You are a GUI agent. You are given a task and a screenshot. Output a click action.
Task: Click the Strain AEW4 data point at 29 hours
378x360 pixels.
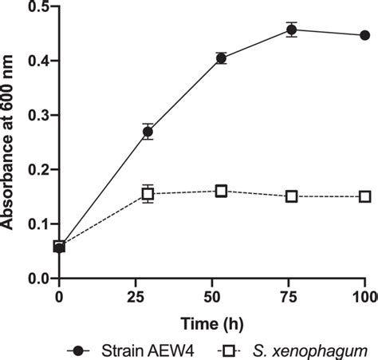tap(148, 132)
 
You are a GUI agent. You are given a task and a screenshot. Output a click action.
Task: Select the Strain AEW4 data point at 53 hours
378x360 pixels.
tap(221, 57)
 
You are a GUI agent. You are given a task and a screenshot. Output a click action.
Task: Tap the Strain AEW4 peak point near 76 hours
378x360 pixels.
tap(292, 30)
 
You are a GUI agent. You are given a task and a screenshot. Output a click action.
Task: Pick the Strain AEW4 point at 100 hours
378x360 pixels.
tap(364, 35)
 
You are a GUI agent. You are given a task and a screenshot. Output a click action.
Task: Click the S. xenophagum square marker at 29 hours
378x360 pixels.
tap(148, 193)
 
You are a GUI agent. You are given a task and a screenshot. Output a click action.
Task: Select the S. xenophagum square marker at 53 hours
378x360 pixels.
tap(221, 191)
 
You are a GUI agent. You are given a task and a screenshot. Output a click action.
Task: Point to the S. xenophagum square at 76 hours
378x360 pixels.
tap(292, 196)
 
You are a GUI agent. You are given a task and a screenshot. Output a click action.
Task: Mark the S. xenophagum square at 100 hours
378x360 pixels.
tap(364, 196)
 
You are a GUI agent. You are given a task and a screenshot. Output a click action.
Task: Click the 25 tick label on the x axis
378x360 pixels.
tap(136, 297)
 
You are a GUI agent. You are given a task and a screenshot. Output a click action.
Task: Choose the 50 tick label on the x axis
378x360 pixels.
tap(212, 297)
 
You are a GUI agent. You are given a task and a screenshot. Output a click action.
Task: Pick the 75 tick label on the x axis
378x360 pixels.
tap(289, 297)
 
